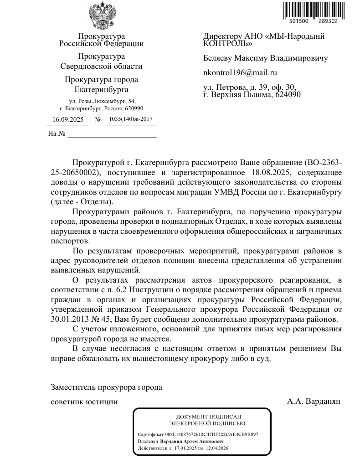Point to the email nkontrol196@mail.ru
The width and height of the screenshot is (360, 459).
[x=240, y=72]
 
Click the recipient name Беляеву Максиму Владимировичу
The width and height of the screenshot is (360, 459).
[x=265, y=58]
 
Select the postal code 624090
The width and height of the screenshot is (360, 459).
[x=286, y=95]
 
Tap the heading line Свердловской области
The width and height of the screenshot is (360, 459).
[x=101, y=66]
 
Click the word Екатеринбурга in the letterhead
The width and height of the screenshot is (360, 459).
[x=101, y=89]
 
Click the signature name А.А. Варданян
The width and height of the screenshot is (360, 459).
[x=314, y=402]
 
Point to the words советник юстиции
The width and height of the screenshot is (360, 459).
[x=84, y=402]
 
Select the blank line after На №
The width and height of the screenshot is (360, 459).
[x=112, y=134]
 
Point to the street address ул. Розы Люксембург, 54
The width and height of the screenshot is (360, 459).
[x=101, y=101]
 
